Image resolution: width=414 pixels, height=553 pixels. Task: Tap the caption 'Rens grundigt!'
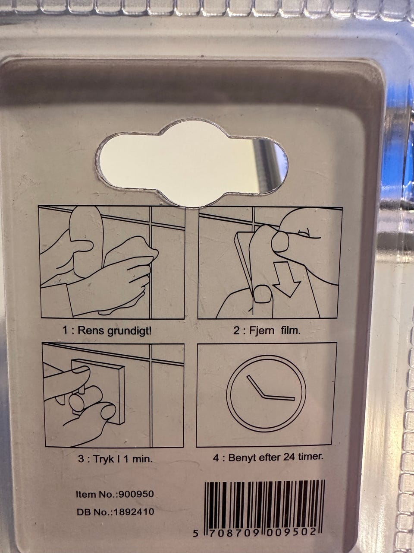(x=115, y=331)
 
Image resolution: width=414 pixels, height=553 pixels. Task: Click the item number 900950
(x=136, y=494)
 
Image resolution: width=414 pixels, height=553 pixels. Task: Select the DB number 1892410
(x=134, y=512)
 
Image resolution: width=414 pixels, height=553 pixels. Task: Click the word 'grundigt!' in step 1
(x=130, y=331)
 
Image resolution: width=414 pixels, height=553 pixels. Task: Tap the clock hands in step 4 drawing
(x=267, y=393)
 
